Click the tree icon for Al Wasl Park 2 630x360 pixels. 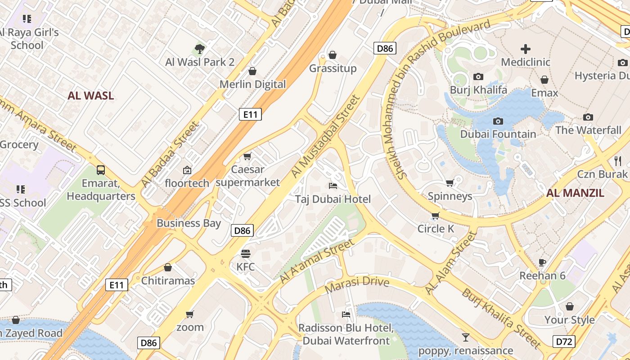click(200, 49)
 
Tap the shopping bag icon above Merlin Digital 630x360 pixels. click(252, 71)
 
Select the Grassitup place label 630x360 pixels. click(333, 68)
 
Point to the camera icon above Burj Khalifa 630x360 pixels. click(478, 77)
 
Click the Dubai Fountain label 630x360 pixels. click(498, 134)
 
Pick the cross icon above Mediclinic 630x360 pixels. click(525, 49)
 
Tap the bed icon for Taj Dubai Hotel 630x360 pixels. click(333, 185)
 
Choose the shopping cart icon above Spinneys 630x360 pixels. click(450, 183)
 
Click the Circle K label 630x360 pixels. click(436, 229)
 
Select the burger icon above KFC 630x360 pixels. click(245, 253)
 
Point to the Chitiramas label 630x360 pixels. click(168, 281)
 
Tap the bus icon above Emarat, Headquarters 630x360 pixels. click(101, 170)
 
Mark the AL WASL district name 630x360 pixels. click(90, 96)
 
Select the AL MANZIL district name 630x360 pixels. click(575, 193)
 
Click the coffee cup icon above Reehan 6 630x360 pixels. click(542, 262)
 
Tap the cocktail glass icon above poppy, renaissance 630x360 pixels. click(465, 337)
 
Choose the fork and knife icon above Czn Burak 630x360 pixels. click(618, 161)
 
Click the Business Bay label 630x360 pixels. click(189, 223)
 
